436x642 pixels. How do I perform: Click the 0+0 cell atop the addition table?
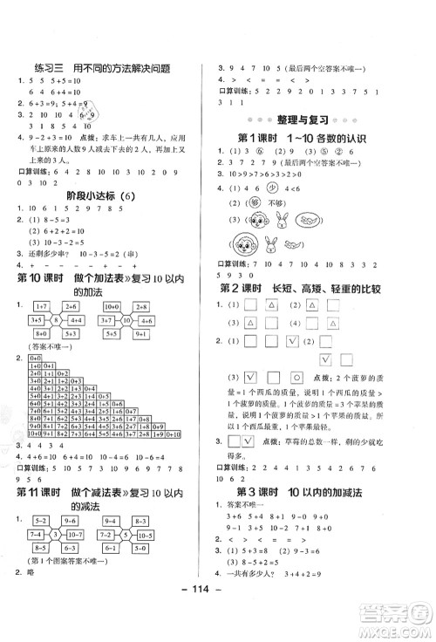point(34,359)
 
